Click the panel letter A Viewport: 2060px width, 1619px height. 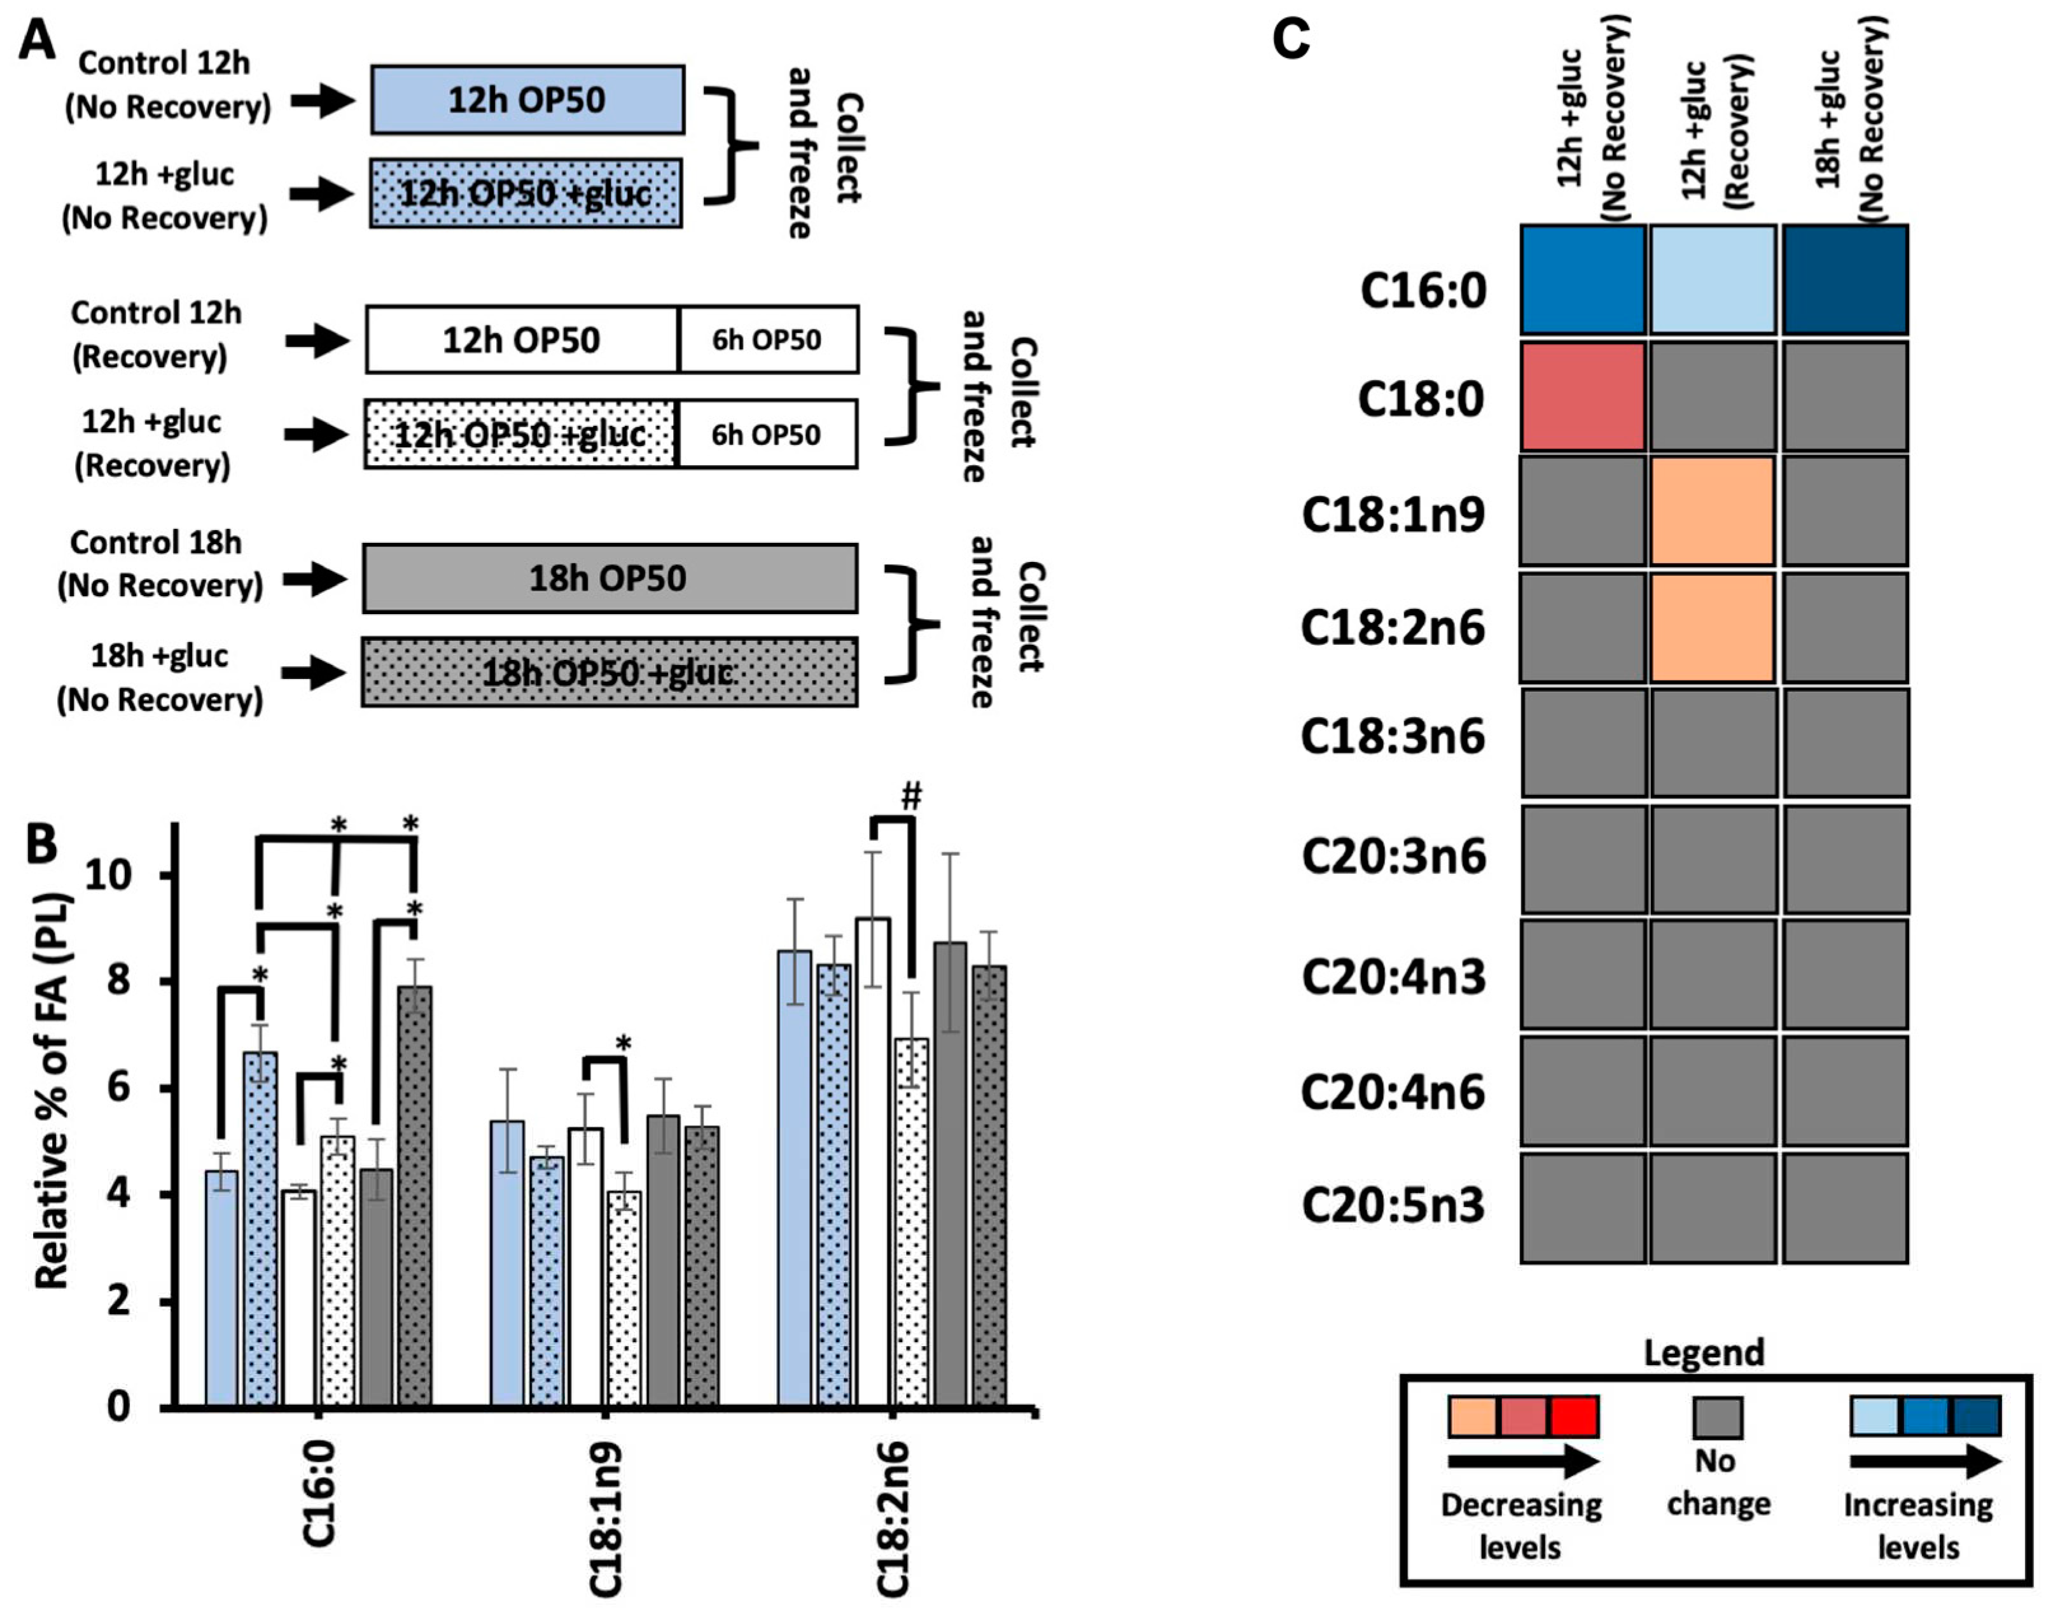coord(38,42)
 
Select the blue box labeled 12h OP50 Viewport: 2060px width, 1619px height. coord(527,99)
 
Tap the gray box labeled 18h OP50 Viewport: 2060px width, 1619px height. coord(609,578)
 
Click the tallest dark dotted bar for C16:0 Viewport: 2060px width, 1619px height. coord(414,1195)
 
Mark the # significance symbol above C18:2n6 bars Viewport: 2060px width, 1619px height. coord(910,797)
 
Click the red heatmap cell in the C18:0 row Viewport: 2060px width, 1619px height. coord(1582,397)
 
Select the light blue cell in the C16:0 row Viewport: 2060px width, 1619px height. coord(1712,279)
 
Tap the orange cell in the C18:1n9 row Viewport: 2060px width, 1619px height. coord(1712,512)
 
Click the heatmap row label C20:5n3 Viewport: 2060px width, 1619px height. coord(1393,1207)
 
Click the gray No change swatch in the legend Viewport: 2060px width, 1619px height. coord(1717,1418)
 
